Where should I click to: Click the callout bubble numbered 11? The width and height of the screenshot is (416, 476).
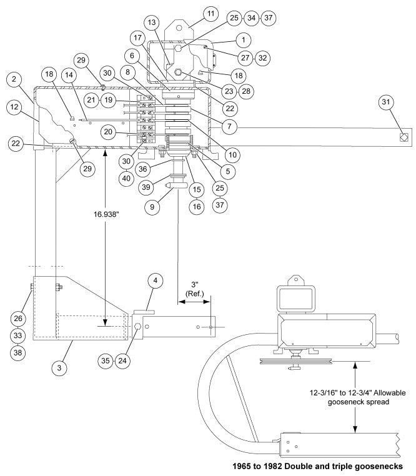tap(210, 14)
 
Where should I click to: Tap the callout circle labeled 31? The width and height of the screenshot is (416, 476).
tap(386, 102)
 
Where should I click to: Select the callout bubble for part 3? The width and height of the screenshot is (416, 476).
tap(59, 368)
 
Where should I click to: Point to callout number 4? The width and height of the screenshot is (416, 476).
tap(156, 280)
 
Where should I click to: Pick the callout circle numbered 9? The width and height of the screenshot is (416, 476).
tap(152, 207)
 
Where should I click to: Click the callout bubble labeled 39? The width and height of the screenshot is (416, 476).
tap(146, 187)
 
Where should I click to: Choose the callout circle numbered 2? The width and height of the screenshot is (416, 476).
tap(14, 79)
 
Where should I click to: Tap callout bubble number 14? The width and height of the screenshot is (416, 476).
tap(69, 75)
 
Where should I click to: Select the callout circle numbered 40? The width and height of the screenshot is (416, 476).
tap(126, 179)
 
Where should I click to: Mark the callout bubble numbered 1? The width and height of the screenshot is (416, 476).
tap(244, 40)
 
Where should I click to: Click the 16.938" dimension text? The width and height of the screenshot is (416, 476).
tap(106, 215)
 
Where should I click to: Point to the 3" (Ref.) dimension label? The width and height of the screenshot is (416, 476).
tap(195, 289)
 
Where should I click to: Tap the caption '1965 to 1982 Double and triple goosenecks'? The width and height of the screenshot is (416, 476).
tap(317, 466)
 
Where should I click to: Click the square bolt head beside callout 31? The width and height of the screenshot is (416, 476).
tap(404, 137)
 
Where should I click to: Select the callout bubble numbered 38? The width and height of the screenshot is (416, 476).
tap(18, 353)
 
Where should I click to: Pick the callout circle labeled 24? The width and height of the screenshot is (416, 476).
tap(122, 360)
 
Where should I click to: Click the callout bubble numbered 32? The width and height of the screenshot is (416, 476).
tap(263, 57)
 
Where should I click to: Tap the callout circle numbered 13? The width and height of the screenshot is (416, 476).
tap(152, 22)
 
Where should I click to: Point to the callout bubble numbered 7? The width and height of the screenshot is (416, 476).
tap(229, 126)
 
